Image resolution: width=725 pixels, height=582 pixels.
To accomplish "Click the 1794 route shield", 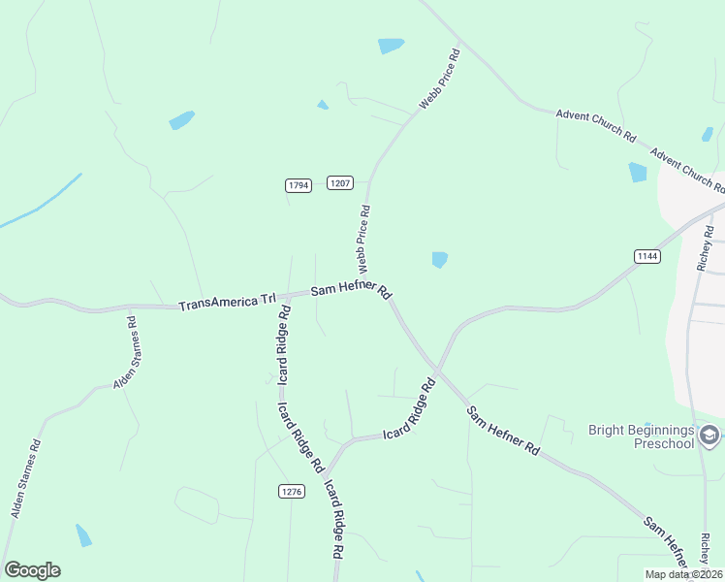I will click(x=299, y=185).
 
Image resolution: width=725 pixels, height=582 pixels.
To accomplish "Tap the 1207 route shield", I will click(x=339, y=182).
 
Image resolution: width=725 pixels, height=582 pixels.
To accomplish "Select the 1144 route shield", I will click(x=647, y=256).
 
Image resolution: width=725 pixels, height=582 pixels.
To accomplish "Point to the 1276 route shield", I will click(x=292, y=492).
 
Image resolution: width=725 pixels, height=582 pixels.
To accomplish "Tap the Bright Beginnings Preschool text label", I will click(x=642, y=436).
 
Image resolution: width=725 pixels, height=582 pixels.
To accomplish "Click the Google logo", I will click(x=32, y=570).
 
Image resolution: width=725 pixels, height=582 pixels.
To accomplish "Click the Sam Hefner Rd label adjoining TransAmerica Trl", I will click(x=350, y=291).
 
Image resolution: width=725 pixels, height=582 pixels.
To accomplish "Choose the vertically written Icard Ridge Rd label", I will click(x=285, y=346).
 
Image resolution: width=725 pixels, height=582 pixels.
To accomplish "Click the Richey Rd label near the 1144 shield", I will click(x=705, y=250).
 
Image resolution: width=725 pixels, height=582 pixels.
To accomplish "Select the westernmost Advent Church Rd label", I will click(x=595, y=127).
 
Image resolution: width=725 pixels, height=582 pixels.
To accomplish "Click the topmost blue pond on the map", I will click(x=391, y=46).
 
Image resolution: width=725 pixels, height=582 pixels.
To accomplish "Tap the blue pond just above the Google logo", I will click(x=83, y=534).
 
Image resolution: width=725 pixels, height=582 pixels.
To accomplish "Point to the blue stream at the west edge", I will click(x=39, y=205).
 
